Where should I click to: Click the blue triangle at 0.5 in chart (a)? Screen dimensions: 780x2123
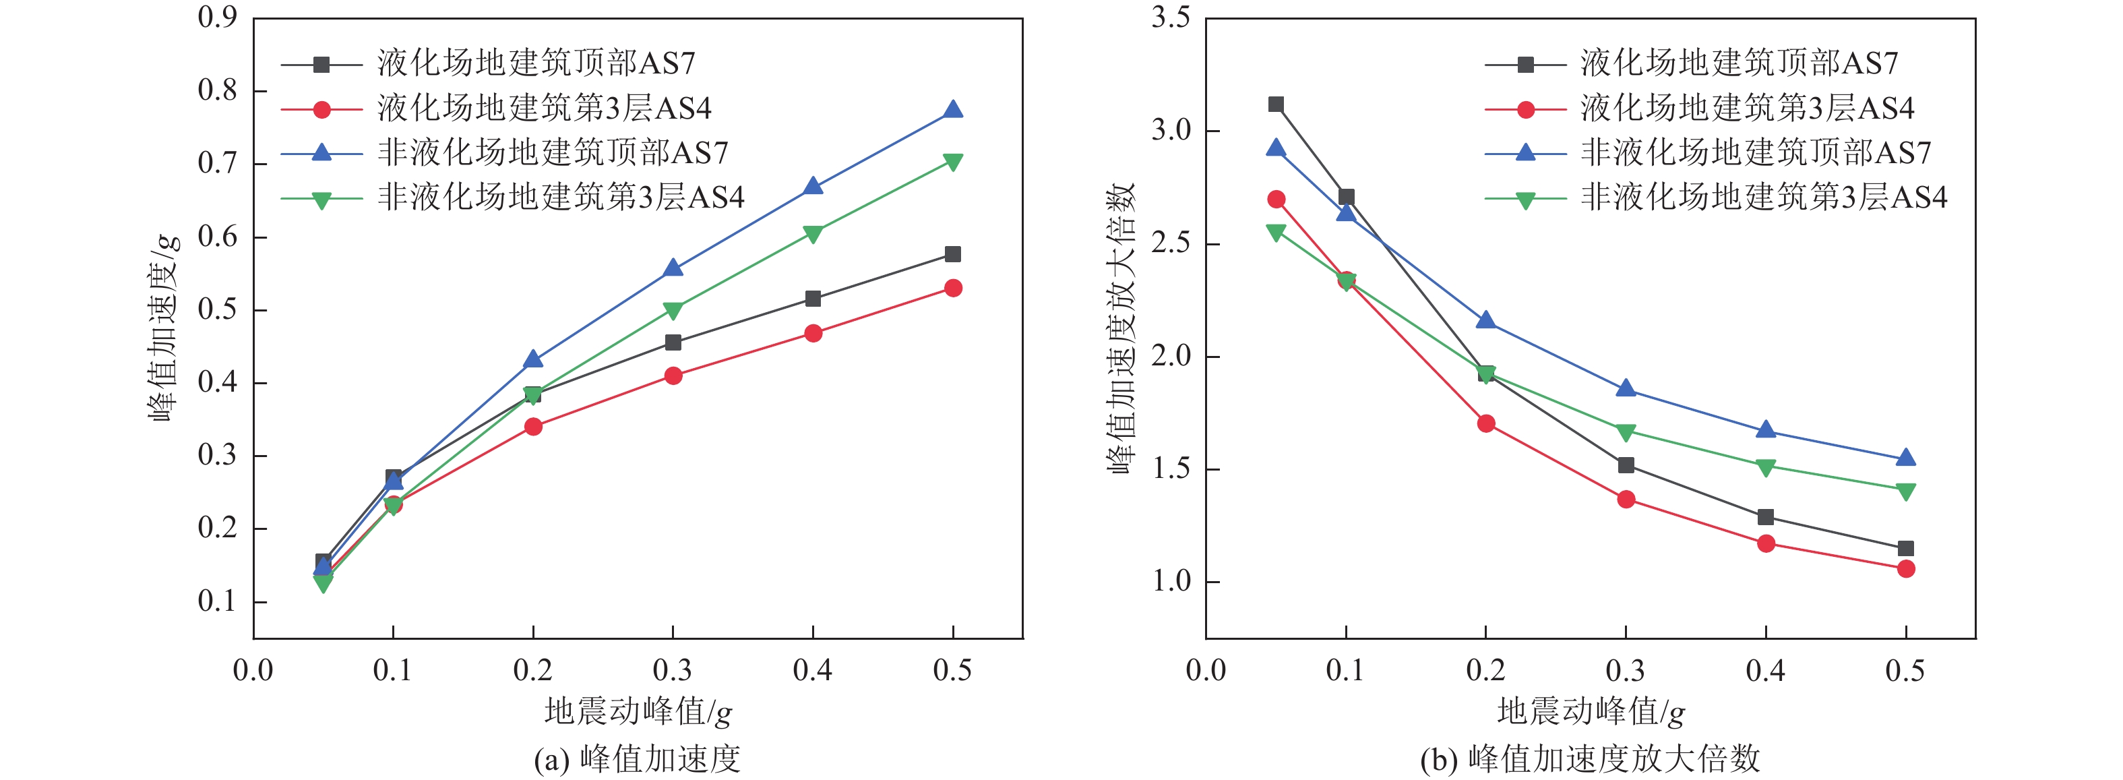click(x=953, y=110)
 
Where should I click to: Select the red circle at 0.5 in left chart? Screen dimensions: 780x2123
click(x=953, y=288)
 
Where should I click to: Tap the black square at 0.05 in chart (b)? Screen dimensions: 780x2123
click(x=1276, y=104)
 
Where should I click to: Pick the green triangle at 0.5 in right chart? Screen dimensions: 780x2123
click(x=1905, y=491)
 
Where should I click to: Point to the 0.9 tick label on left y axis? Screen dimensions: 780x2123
click(x=217, y=18)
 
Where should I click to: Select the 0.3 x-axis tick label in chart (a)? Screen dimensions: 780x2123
click(x=673, y=670)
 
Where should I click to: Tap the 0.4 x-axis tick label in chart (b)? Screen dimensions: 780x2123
click(x=1765, y=670)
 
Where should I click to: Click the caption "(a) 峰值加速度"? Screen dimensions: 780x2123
click(x=637, y=758)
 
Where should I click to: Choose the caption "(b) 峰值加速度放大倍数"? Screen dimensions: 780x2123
click(x=1590, y=758)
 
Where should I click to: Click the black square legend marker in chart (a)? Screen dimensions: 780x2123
click(x=321, y=63)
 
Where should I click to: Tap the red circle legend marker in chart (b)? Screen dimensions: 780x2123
click(x=1525, y=109)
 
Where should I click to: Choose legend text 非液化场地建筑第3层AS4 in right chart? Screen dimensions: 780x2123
click(x=1764, y=197)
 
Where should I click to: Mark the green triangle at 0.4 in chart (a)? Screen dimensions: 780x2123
click(x=813, y=234)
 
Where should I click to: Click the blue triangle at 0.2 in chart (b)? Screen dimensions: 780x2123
click(x=1486, y=320)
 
